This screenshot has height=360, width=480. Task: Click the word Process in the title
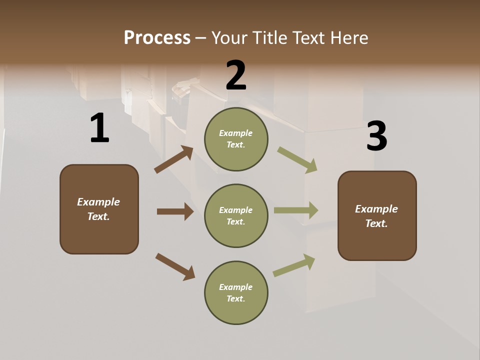pyautogui.click(x=157, y=37)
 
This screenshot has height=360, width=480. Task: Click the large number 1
pyautogui.click(x=99, y=128)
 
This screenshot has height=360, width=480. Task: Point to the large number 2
pyautogui.click(x=236, y=75)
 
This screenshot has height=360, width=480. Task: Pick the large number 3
pyautogui.click(x=376, y=136)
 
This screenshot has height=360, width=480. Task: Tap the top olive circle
pyautogui.click(x=236, y=139)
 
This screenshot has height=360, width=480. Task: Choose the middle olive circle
pyautogui.click(x=236, y=215)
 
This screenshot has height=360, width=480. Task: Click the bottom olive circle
pyautogui.click(x=236, y=292)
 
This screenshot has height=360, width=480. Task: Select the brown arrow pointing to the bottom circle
pyautogui.click(x=175, y=266)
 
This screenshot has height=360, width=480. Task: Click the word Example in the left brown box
pyautogui.click(x=98, y=202)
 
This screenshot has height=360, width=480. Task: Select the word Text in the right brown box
pyautogui.click(x=376, y=223)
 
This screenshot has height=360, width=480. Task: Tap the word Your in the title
pyautogui.click(x=230, y=37)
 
